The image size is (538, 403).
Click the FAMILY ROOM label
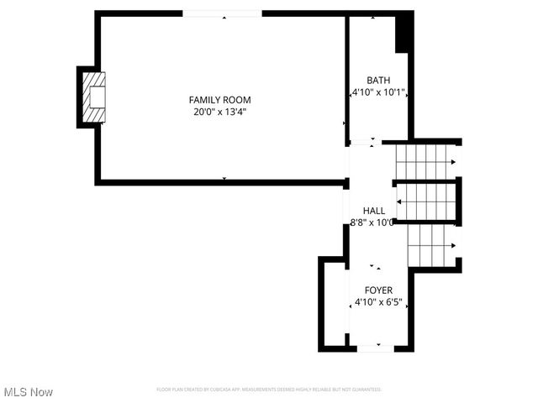[219, 99]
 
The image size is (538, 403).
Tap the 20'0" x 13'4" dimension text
[219, 111]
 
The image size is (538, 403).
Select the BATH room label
[378, 80]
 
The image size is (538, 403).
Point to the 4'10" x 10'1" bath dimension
[379, 92]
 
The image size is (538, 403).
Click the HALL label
[374, 211]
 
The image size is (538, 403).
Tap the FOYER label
[378, 290]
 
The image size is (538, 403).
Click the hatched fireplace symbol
[94, 97]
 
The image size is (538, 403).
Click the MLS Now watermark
[29, 392]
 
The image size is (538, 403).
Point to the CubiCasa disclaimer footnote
[269, 390]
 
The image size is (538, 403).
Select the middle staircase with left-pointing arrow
[427, 201]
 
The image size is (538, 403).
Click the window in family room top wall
[223, 13]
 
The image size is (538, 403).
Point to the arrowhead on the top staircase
[453, 161]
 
